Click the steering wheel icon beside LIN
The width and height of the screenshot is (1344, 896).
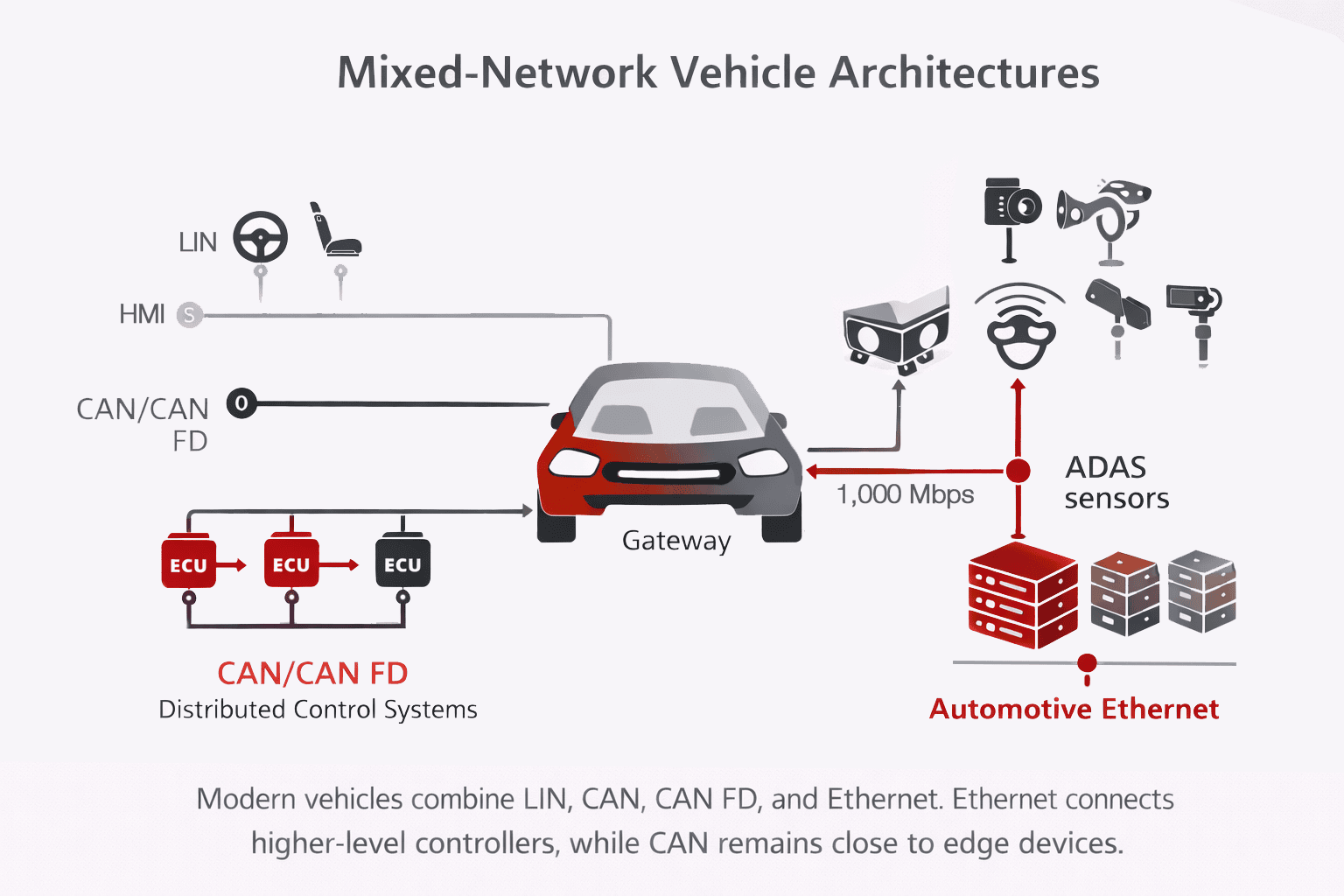click(260, 237)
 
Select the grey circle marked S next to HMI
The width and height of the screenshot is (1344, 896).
click(189, 314)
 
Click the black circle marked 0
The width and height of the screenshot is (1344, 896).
click(241, 403)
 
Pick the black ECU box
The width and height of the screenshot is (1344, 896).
click(402, 564)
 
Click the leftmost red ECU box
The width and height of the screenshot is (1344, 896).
click(188, 564)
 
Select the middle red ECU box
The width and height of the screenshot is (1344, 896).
click(291, 564)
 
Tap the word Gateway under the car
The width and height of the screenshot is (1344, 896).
click(675, 541)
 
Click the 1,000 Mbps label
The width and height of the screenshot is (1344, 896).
click(905, 494)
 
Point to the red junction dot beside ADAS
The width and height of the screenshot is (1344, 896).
click(1018, 471)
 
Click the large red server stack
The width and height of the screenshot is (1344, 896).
click(1022, 595)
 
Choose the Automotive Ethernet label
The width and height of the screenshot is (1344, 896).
click(1074, 709)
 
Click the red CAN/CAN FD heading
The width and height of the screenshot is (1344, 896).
click(312, 673)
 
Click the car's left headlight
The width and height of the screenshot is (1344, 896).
click(574, 462)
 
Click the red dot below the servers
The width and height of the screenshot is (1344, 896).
click(1087, 662)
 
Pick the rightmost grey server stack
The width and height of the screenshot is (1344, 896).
click(1201, 591)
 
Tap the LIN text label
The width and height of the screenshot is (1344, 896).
click(198, 242)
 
